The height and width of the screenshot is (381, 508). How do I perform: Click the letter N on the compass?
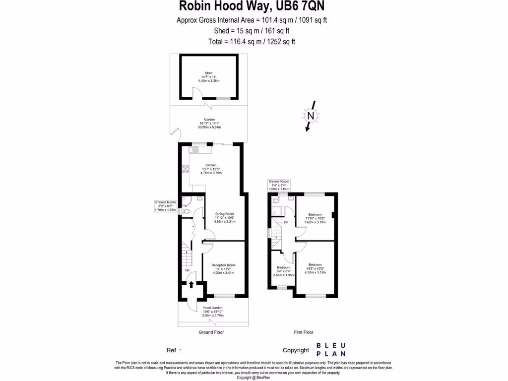[311, 116]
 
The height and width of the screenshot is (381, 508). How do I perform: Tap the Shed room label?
[209, 73]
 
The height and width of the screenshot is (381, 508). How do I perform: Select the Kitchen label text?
[211, 165]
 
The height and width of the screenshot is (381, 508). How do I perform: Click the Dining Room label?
[224, 214]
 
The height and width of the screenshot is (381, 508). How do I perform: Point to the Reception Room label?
[223, 265]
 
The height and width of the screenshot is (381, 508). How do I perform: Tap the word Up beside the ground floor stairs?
[188, 270]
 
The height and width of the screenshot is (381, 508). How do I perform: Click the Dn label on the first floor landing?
[286, 222]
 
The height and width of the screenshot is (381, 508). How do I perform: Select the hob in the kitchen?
[185, 170]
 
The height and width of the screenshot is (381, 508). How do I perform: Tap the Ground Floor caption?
[211, 332]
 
